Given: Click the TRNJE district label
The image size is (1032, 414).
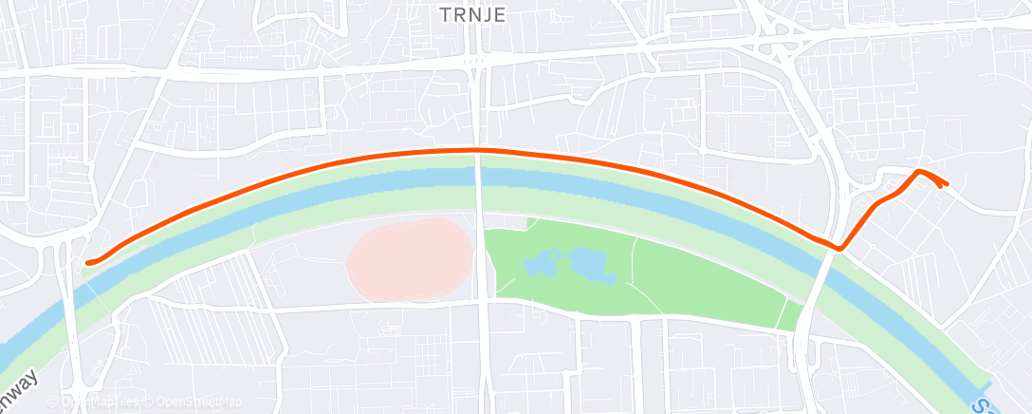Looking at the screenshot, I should pos(472,14).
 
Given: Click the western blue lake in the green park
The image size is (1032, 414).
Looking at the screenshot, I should pos(544,265).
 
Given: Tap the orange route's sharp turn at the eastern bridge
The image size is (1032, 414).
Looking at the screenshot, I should pos(839,249).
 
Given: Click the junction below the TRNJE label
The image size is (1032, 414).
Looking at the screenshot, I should pos(475,63).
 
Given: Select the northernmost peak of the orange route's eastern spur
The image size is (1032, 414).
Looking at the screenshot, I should pos(918,171).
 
